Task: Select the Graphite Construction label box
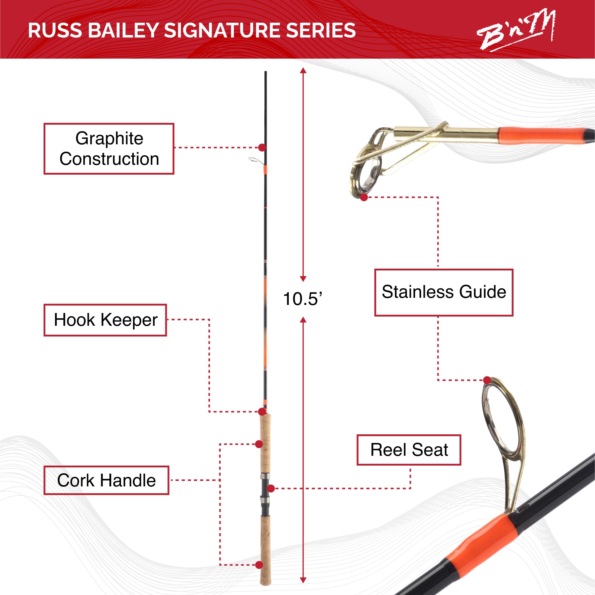tap(109, 149)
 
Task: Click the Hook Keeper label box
tap(105, 320)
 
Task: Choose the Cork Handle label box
tap(106, 480)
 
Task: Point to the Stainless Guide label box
tap(444, 292)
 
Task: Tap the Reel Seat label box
tap(409, 450)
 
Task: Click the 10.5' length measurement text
tap(302, 299)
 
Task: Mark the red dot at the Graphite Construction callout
tap(262, 148)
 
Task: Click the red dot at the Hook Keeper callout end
tap(262, 412)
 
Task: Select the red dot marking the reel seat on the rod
tap(271, 488)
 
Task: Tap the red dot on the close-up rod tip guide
tap(364, 197)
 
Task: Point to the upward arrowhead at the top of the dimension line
tap(303, 71)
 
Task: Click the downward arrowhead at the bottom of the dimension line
tap(303, 580)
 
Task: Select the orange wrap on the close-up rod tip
tap(542, 136)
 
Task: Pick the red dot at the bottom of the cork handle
tap(259, 565)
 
